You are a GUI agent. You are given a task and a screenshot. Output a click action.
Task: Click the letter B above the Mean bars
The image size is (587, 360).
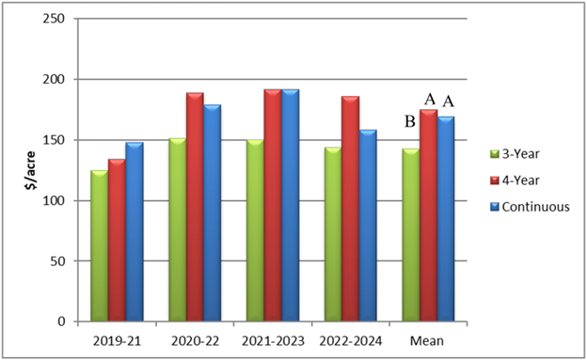(x=410, y=121)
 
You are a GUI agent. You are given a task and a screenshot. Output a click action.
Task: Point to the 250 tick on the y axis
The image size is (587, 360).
(x=56, y=19)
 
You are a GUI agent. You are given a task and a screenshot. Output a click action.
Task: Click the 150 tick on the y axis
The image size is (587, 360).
(x=56, y=140)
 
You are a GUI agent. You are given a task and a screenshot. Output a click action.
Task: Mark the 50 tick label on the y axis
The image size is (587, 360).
(x=59, y=261)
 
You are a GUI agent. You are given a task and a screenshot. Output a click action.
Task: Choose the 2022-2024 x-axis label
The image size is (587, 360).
(x=349, y=338)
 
